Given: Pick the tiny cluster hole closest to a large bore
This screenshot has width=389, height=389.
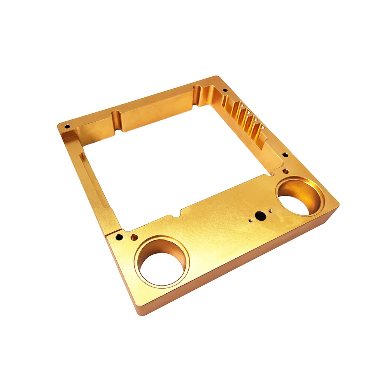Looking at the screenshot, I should coord(270,211).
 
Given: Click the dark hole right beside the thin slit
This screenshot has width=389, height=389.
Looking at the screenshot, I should coord(120,237).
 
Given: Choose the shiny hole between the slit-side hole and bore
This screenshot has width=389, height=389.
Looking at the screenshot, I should coord(134,236).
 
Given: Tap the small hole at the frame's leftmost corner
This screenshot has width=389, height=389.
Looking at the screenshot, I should coord(67,126).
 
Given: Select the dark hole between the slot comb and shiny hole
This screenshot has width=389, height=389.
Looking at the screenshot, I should coord(285,155).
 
